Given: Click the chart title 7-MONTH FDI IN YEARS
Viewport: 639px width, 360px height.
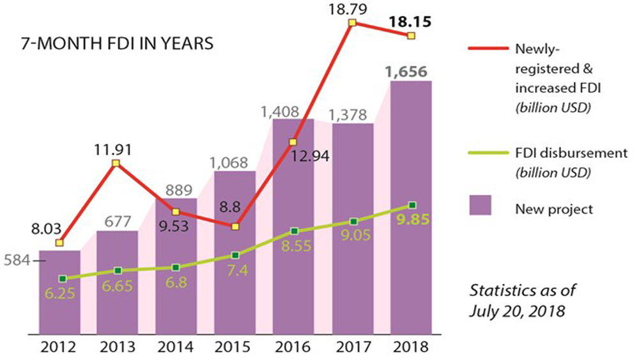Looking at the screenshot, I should pyautogui.click(x=117, y=45).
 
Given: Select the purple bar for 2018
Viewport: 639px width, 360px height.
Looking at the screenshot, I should pyautogui.click(x=411, y=211).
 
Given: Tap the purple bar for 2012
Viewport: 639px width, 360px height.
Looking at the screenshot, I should pyautogui.click(x=59, y=294).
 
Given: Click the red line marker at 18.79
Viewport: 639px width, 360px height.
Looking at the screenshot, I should pyautogui.click(x=352, y=23).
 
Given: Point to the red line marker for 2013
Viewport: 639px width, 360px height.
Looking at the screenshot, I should pyautogui.click(x=116, y=164).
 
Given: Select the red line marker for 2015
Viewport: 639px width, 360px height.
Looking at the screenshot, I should pyautogui.click(x=236, y=226).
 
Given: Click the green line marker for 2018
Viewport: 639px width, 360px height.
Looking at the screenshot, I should pyautogui.click(x=412, y=205).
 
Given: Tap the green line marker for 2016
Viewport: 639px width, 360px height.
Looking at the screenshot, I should pyautogui.click(x=294, y=231).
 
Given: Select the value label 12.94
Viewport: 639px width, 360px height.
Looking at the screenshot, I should pyautogui.click(x=305, y=155).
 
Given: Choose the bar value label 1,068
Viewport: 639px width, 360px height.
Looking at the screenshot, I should pyautogui.click(x=234, y=161).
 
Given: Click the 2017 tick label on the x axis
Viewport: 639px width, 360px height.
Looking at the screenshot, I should pyautogui.click(x=352, y=349).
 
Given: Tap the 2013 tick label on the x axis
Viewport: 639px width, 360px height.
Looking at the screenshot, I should pyautogui.click(x=118, y=349).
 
